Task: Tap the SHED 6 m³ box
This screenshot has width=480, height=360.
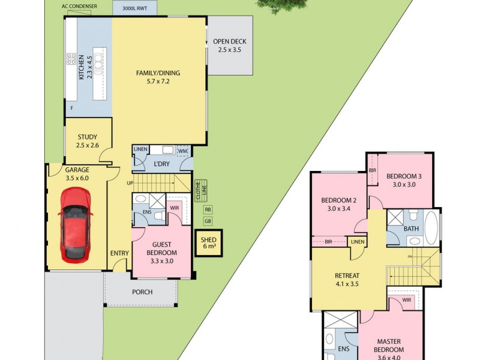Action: tap(208, 242)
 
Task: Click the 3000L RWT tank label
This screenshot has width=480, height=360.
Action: tap(134, 8)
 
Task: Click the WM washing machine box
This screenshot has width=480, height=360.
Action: tap(182, 151)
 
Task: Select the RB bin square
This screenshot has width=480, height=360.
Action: tap(208, 209)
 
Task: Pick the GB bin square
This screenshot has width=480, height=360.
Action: tap(208, 221)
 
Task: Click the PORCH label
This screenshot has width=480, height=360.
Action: tap(142, 292)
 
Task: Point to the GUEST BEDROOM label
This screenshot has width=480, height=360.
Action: tap(161, 248)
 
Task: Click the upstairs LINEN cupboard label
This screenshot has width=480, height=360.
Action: tap(358, 241)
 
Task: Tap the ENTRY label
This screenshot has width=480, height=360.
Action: tap(119, 253)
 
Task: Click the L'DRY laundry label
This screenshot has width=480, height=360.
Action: tap(161, 164)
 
